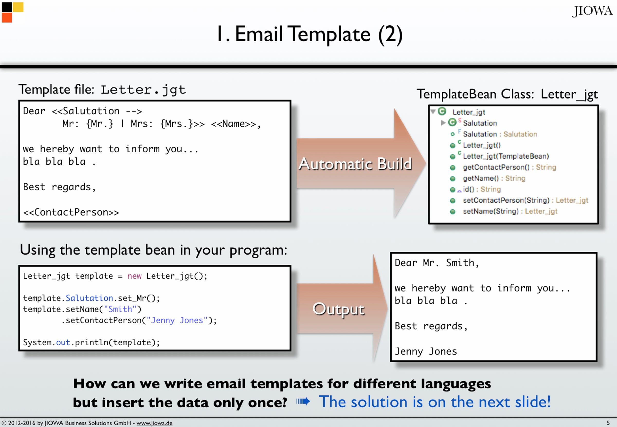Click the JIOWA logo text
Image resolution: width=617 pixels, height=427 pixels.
tap(592, 11)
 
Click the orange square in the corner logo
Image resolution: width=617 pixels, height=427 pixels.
tap(7, 18)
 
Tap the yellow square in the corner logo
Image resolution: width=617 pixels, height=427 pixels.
tap(18, 7)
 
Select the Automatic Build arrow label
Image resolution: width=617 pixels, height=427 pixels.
tap(355, 164)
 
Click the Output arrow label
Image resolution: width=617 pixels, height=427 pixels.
tap(339, 310)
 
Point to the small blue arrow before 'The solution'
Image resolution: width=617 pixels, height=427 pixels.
tap(303, 401)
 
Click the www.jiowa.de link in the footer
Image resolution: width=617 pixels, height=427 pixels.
tap(155, 423)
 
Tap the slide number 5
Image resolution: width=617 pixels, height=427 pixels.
tap(608, 423)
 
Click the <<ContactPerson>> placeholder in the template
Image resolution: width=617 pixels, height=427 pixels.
tap(71, 212)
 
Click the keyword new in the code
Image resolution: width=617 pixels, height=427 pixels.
tap(134, 276)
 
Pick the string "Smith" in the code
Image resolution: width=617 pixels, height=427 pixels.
tap(120, 309)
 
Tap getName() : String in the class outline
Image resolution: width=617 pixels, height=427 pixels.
tap(494, 178)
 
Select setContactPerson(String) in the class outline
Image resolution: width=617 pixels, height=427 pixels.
tap(506, 200)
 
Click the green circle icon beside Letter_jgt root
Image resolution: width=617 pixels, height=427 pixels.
tap(442, 111)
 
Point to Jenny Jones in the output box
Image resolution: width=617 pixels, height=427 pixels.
tap(426, 351)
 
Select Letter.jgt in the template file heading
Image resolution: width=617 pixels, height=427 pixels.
tap(143, 90)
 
